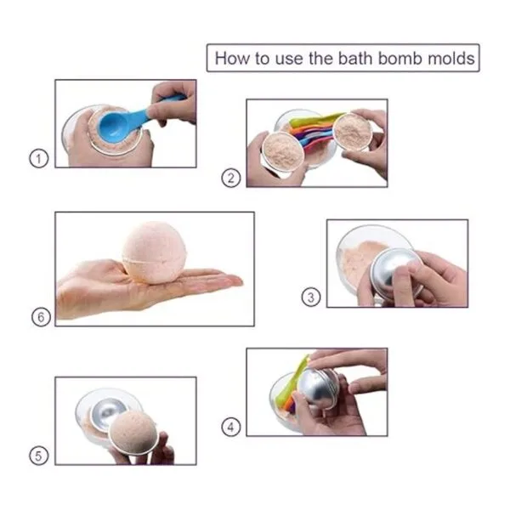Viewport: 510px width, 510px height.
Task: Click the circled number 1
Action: coord(39,158)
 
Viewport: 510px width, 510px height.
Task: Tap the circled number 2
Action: coord(231,178)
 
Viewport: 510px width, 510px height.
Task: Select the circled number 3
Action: coord(311,297)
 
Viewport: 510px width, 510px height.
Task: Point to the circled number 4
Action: coord(231,427)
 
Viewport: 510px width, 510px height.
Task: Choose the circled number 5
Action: coord(39,456)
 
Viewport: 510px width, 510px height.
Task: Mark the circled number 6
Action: coord(41,317)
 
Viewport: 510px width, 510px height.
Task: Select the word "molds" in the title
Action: coord(451,59)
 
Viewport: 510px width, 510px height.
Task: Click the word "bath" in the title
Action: coord(355,59)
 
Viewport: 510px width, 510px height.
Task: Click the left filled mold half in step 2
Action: coord(283,151)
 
